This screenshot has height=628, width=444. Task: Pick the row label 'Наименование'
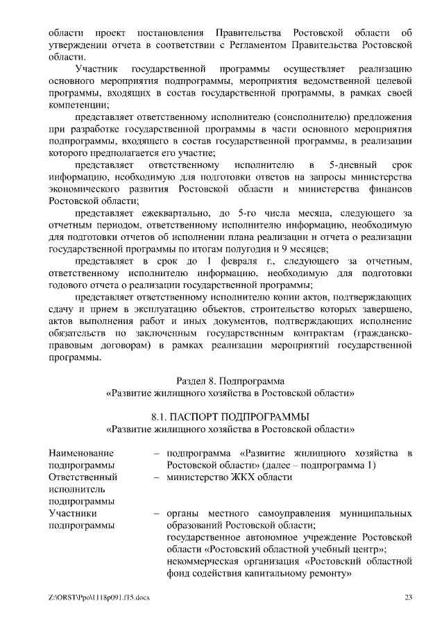click(81, 452)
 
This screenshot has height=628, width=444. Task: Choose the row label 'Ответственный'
click(83, 477)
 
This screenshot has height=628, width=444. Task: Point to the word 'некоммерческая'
click(204, 561)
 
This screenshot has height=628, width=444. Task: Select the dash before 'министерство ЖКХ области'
click(157, 477)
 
